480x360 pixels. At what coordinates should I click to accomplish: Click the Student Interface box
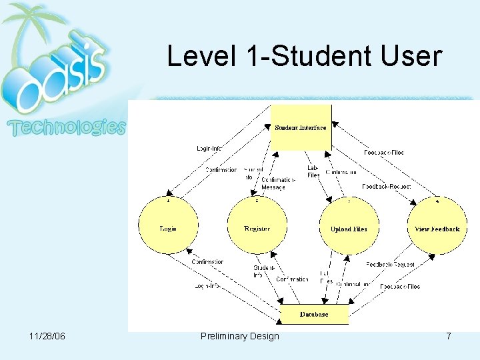pyautogui.click(x=301, y=127)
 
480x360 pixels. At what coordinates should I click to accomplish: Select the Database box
pyautogui.click(x=313, y=314)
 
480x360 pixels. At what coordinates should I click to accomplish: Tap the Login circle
pyautogui.click(x=168, y=229)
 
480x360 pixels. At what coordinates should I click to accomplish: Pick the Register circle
pyautogui.click(x=257, y=229)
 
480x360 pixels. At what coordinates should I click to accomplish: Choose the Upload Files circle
pyautogui.click(x=349, y=229)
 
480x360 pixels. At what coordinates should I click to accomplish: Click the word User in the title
pyautogui.click(x=413, y=56)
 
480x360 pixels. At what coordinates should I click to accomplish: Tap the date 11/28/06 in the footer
pyautogui.click(x=48, y=336)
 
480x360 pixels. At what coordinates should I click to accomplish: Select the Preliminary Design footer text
pyautogui.click(x=240, y=336)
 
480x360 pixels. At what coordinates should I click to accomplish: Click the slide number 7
pyautogui.click(x=449, y=336)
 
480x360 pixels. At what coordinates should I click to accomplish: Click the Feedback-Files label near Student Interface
pyautogui.click(x=384, y=153)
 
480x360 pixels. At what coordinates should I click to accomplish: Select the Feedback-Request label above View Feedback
pyautogui.click(x=387, y=187)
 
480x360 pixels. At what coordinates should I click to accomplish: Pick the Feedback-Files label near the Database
pyautogui.click(x=400, y=287)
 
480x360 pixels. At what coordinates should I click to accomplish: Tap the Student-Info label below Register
pyautogui.click(x=264, y=271)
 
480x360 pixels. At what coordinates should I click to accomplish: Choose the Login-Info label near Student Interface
pyautogui.click(x=209, y=149)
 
